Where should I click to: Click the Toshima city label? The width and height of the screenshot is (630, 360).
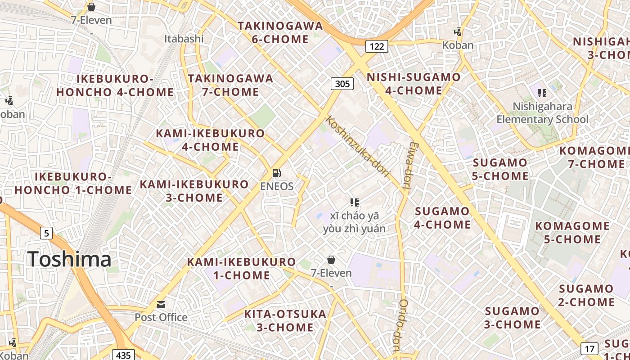point(69,259)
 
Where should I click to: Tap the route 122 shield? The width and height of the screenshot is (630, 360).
point(376,46)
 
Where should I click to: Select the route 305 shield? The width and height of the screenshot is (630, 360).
point(342,83)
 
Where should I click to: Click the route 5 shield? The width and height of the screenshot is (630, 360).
point(46,233)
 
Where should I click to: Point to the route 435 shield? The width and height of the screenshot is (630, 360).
point(123,355)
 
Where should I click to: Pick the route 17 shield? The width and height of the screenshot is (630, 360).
point(589,348)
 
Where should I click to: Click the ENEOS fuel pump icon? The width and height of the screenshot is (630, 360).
point(277,173)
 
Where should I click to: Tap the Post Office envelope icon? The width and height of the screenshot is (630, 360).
point(161,305)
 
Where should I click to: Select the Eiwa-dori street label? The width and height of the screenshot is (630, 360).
point(409,166)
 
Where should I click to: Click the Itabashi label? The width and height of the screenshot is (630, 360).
point(184,39)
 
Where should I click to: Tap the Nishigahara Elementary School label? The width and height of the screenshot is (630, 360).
point(542,112)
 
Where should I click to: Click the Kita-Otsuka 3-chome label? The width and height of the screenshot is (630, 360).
point(285,320)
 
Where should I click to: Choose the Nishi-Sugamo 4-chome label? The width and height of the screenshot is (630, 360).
point(414,84)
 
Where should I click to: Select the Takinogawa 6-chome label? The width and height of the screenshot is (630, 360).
point(280,32)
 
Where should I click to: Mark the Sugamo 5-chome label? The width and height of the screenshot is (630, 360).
point(500,169)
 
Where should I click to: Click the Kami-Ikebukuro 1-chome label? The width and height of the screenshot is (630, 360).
point(241,268)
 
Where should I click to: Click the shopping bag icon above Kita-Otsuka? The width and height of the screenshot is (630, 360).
point(331,260)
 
